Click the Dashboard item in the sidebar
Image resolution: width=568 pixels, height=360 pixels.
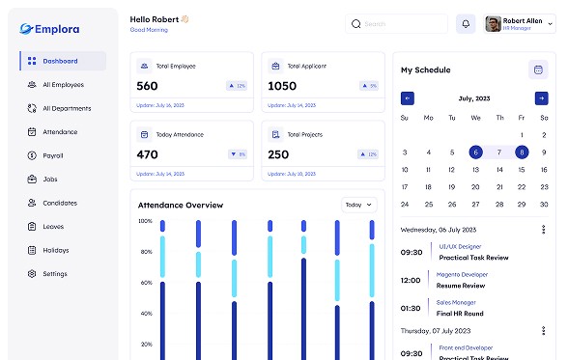pos(62,61)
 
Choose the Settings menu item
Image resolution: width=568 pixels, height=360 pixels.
pos(54,273)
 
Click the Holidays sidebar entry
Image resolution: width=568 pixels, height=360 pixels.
pos(55,250)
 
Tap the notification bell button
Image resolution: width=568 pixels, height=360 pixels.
pos(467,23)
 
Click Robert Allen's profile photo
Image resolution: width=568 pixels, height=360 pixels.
pos(493,23)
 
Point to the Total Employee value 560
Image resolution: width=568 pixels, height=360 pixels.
pos(148,86)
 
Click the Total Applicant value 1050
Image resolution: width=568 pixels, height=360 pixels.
pos(282,86)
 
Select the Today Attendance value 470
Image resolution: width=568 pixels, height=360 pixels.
pos(148,154)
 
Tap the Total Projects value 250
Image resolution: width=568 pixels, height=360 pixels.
pos(278,154)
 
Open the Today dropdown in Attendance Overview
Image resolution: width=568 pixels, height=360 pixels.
pos(358,205)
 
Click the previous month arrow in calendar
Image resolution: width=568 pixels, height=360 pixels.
pos(408,98)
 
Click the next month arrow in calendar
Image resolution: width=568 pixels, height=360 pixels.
pos(541,98)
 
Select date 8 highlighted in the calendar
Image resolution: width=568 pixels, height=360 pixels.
pos(522,152)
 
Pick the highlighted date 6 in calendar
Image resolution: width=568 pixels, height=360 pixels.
pos(475,152)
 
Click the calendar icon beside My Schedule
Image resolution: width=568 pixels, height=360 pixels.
pos(538,69)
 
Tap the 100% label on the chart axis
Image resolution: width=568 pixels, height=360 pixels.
pos(145,221)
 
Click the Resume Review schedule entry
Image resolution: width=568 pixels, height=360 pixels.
pos(462,286)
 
